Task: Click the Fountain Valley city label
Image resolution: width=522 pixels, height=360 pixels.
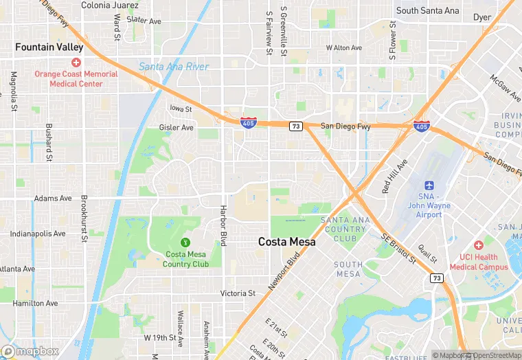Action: coord(49,47)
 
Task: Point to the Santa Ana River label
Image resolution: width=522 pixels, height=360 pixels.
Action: coord(173,67)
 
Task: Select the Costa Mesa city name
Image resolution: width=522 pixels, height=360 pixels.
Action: coord(287,242)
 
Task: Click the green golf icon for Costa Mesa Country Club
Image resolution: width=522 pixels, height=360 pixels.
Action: coord(185,242)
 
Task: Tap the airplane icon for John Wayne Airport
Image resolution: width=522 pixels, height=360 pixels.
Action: coord(429,186)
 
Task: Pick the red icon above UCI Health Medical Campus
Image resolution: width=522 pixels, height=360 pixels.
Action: coord(479,245)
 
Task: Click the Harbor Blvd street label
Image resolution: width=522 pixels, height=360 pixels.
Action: coord(223,225)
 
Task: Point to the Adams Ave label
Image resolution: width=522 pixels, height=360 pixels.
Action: coord(52,199)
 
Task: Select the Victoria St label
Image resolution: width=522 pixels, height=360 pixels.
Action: coord(238,293)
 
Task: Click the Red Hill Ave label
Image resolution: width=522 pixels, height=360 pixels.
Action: coord(395,176)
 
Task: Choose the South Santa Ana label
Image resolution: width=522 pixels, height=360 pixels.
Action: coord(427,11)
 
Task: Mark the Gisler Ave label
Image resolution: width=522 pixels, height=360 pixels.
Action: coord(177,127)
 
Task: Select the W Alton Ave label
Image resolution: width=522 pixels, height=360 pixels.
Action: coord(343,48)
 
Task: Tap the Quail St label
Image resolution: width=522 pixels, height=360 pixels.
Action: coord(429,255)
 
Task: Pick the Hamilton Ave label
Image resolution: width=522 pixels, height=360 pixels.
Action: coord(34,303)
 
